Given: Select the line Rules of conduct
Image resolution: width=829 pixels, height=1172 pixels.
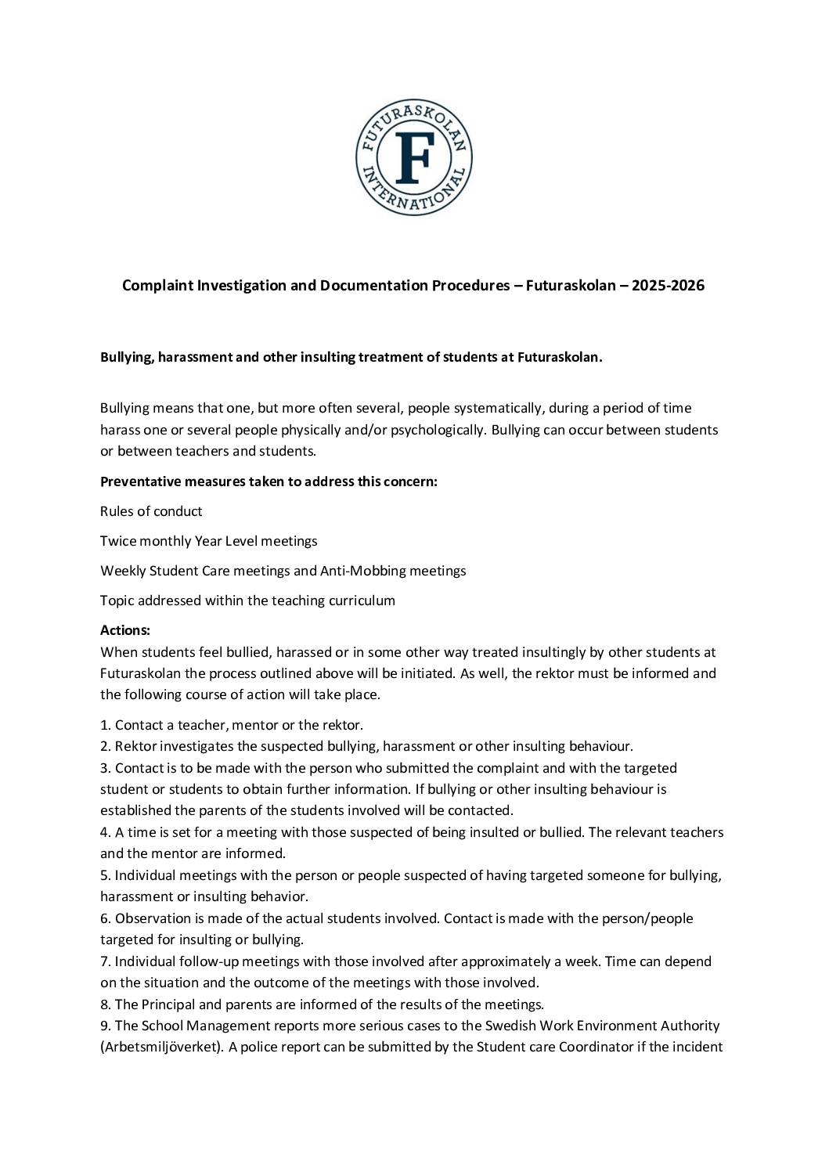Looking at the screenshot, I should (x=151, y=511).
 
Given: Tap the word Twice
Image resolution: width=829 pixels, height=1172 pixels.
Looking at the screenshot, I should (x=117, y=541).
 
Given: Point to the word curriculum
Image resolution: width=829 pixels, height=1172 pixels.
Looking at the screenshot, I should (x=359, y=600).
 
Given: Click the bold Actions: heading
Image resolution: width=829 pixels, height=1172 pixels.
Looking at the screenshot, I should (x=125, y=630).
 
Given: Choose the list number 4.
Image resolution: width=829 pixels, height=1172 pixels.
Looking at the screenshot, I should (x=104, y=832).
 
